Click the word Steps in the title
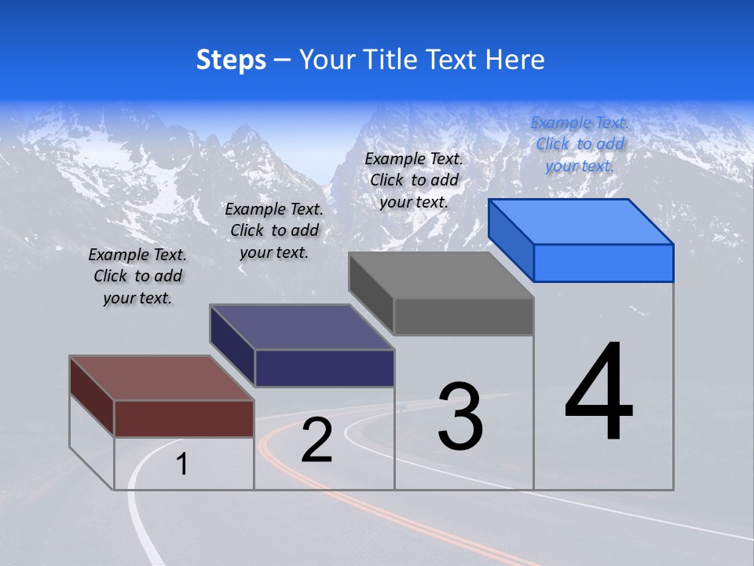click(x=231, y=60)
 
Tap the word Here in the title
click(x=514, y=60)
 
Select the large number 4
click(x=598, y=393)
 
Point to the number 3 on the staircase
click(x=460, y=417)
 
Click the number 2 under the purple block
click(x=317, y=441)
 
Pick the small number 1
click(x=182, y=465)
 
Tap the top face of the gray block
click(x=442, y=275)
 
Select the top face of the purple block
click(x=302, y=327)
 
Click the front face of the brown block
click(x=184, y=418)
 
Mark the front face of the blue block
click(x=603, y=263)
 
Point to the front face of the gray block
click(x=463, y=317)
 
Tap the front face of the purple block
click(x=324, y=368)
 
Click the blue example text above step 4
click(x=580, y=144)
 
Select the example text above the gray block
click(x=414, y=180)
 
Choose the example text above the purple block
click(x=274, y=230)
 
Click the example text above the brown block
click(x=137, y=276)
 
